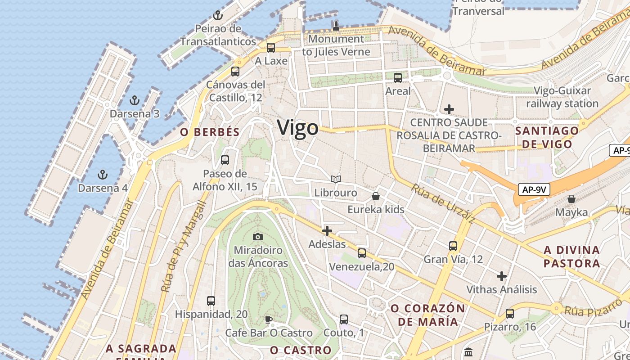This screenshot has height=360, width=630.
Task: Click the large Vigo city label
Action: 298,128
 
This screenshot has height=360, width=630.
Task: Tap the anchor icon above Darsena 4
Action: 103,174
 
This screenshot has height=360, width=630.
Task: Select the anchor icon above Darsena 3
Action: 134,100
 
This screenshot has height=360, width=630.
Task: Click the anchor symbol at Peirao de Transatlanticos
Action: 218,16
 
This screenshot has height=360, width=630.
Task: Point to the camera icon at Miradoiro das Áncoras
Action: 258,237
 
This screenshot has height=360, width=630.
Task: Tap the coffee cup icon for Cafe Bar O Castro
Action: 269,319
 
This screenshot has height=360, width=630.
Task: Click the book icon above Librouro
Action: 335,180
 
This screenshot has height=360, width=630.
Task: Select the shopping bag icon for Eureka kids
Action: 376,196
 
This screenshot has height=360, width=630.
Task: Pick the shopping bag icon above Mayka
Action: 571,198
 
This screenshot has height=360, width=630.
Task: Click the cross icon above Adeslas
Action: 327,231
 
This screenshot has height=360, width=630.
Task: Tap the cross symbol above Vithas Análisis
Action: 502,276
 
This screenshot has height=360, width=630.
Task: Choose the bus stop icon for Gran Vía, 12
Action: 453,246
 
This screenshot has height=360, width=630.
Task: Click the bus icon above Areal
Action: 398,78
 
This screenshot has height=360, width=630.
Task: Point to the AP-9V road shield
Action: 534,189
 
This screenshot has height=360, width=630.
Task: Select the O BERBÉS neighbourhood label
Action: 210,132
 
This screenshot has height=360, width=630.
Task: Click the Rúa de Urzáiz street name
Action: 442,204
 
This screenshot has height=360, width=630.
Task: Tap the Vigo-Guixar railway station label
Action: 562,97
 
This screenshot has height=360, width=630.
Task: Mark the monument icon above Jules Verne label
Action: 336,26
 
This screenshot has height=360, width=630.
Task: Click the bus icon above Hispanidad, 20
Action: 211,301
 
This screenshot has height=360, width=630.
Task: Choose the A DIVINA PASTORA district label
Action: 571,256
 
